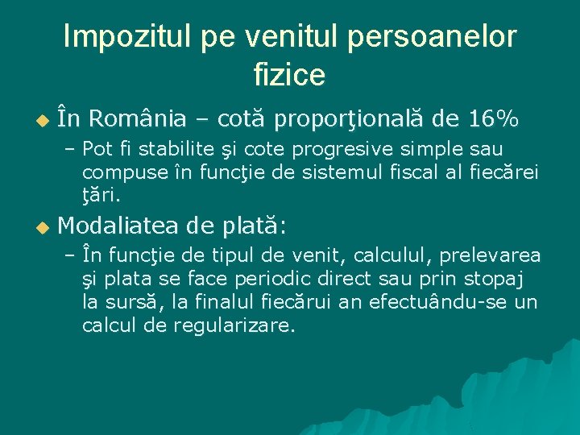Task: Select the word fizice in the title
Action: click(289, 75)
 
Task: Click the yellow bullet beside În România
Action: click(43, 121)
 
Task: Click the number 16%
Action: click(492, 119)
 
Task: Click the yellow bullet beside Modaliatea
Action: click(43, 229)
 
